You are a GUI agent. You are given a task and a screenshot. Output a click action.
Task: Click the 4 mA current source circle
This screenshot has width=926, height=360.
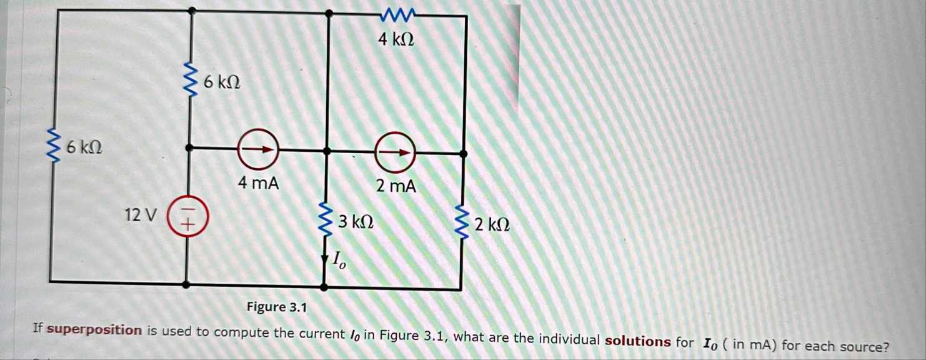point(257,149)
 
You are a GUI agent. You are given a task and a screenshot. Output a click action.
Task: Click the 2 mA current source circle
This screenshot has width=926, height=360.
point(394,152)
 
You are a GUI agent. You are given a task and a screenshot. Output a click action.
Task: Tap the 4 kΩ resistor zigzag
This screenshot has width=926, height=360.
point(396,14)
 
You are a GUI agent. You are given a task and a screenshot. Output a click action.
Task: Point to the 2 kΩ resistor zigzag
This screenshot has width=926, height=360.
point(463,221)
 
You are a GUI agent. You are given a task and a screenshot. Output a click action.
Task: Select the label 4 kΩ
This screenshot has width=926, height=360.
point(396,40)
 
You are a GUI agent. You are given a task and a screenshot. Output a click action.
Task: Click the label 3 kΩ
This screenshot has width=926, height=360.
point(356,221)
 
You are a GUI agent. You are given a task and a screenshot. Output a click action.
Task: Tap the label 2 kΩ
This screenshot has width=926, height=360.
point(492,224)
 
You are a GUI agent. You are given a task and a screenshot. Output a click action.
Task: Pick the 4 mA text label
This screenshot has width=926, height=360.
point(258,183)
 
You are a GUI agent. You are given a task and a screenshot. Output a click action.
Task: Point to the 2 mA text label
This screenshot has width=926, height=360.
point(396,186)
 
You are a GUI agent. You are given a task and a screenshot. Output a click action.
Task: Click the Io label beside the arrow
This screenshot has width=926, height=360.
point(339,259)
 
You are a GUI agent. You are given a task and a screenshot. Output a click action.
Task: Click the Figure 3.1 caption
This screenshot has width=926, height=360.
point(277,307)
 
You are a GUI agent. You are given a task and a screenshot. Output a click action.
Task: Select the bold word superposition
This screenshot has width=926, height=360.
point(94,330)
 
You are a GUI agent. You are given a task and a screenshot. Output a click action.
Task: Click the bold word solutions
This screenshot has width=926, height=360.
point(637,341)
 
